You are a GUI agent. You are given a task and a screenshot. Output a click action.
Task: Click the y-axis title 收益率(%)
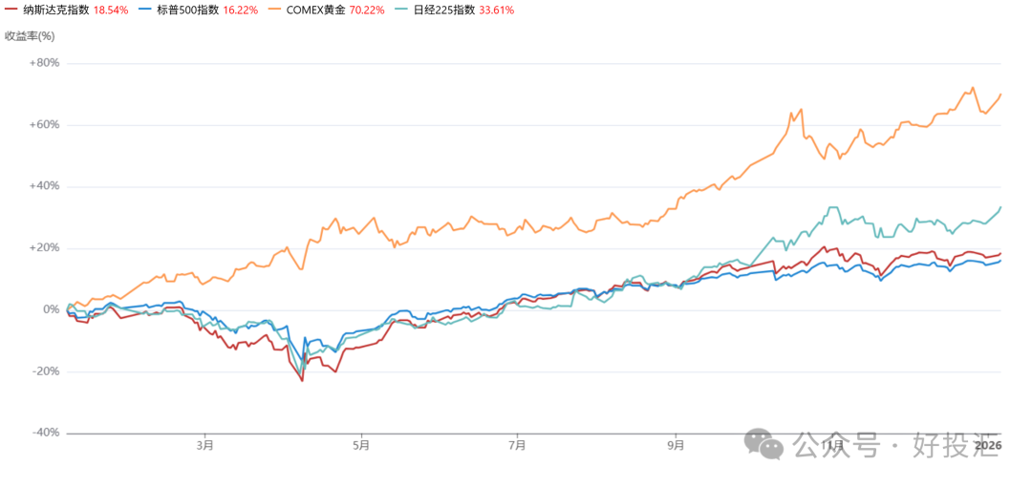coord(31,36)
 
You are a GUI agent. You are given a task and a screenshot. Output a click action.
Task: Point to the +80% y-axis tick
coord(44,63)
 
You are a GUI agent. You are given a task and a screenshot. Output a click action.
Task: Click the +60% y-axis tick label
coord(44,125)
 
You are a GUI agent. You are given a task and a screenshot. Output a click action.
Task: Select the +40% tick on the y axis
coord(44,186)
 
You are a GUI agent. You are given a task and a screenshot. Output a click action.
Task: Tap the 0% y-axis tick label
coord(51,309)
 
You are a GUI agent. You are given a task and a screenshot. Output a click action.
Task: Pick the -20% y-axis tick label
coord(45,371)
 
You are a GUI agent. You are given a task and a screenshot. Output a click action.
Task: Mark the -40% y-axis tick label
coord(45,433)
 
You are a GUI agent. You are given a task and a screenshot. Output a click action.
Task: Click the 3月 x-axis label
coord(204,445)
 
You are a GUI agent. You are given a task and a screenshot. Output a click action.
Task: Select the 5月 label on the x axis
coord(360,445)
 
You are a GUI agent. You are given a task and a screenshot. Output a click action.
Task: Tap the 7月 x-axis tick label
coord(517,445)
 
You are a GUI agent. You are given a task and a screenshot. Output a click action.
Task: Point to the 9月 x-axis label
coord(676,445)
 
